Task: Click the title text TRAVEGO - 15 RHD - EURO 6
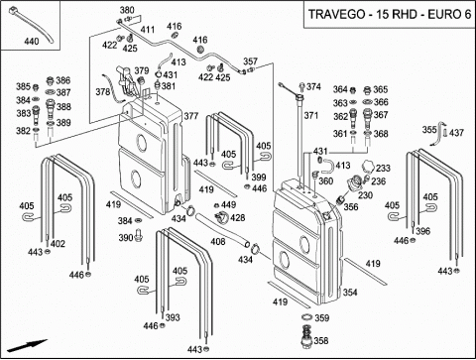point(390,15)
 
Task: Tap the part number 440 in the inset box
point(32,42)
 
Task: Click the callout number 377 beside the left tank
point(191,116)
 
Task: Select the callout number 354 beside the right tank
point(350,293)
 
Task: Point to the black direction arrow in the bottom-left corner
point(28,345)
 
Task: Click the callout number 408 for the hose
point(218,242)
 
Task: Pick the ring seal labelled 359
point(307,317)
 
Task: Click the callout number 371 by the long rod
point(311,115)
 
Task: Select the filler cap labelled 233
point(368,167)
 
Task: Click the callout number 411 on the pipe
point(148,30)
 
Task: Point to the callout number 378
point(103,91)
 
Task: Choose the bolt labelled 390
point(139,235)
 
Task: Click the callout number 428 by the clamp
point(238,217)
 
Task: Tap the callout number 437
point(456,133)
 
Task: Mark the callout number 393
point(173,317)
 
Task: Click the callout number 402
point(58,244)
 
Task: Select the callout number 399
point(259,177)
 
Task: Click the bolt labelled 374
point(301,87)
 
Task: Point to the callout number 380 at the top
point(127,10)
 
